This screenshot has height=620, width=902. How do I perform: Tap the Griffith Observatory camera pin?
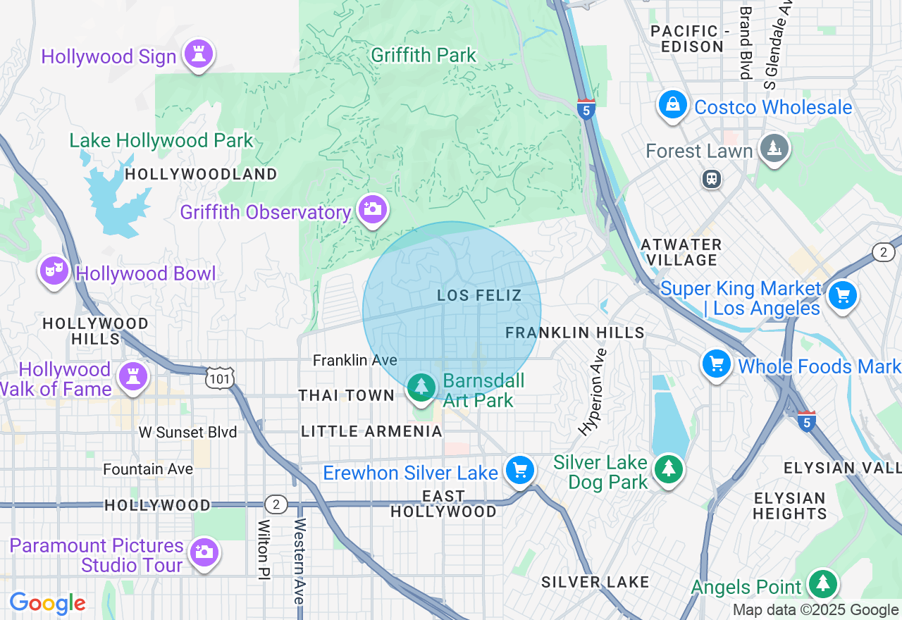click(x=372, y=209)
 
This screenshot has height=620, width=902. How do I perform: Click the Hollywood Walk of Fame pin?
click(x=132, y=376)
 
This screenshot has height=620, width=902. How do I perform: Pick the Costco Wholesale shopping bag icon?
click(x=673, y=106)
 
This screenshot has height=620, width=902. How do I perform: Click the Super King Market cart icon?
click(x=843, y=296)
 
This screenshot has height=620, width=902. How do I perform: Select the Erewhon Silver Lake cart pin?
click(x=520, y=471)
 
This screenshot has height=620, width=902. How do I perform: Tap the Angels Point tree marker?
click(x=822, y=584)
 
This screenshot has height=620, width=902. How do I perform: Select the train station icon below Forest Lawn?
click(x=712, y=179)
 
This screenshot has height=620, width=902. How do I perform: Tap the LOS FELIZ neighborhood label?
click(x=479, y=295)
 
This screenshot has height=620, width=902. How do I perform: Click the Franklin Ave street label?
click(x=355, y=360)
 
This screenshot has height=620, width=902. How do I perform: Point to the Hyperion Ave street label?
click(x=593, y=391)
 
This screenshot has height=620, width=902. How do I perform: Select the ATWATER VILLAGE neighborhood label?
click(x=681, y=252)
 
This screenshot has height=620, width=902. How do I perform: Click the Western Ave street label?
click(x=299, y=561)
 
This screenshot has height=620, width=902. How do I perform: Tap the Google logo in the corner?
click(x=47, y=604)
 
